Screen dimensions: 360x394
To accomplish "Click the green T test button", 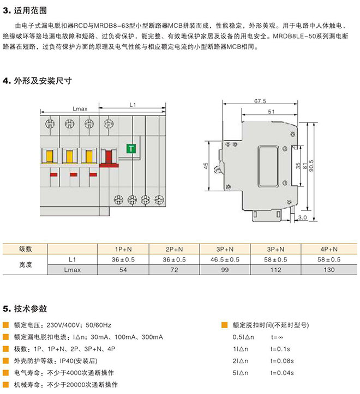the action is point(131,149).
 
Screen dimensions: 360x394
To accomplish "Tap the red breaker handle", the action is point(109,158).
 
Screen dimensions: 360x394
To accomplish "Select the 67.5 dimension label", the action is point(260,101).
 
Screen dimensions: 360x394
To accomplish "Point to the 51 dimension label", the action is point(271,112).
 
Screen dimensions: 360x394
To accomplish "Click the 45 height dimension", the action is point(206,166).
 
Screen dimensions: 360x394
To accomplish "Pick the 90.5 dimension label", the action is point(311,166).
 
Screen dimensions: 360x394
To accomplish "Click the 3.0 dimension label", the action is point(302,217).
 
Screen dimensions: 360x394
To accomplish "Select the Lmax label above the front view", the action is point(80,109).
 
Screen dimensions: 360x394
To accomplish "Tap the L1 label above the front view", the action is point(133,105).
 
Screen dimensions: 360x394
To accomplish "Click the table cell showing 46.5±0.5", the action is point(225,259).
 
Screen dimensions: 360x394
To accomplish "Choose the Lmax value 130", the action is point(329,270).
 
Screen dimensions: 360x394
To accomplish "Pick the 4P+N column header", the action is point(329,249).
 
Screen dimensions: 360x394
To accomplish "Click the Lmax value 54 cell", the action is point(123,270).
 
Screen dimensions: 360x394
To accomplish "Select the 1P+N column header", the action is point(123,249).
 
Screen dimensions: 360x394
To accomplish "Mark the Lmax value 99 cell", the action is point(225,270).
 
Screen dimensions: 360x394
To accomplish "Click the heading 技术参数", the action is point(31,308).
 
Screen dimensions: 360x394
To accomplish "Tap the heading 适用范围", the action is point(31,10).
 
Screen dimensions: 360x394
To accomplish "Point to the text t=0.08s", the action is point(282,361).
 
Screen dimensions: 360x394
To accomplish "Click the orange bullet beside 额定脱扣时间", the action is point(224,325).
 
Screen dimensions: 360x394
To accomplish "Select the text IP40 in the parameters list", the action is point(66,361).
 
